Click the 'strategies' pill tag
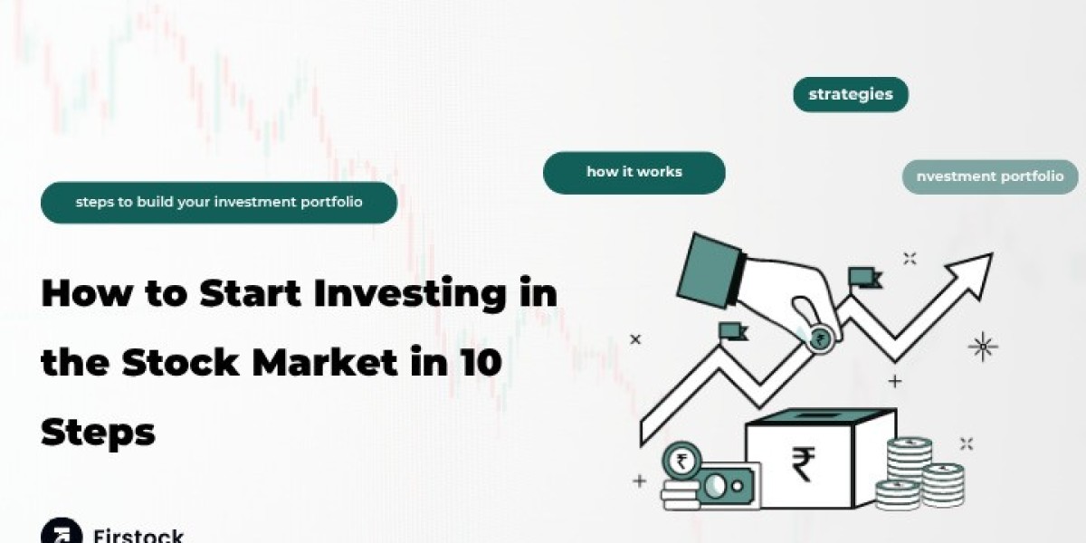point(851,94)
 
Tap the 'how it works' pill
point(634,173)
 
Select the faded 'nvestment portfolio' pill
point(990,176)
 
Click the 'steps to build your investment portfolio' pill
point(219,202)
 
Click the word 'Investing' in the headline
point(410,294)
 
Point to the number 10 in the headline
point(481,362)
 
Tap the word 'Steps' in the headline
point(98,433)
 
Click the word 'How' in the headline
point(86,293)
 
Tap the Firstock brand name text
point(138,535)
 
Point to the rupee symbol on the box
point(804,464)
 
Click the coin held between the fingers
point(819,338)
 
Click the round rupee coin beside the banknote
point(681,461)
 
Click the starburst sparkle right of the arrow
point(983,347)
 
